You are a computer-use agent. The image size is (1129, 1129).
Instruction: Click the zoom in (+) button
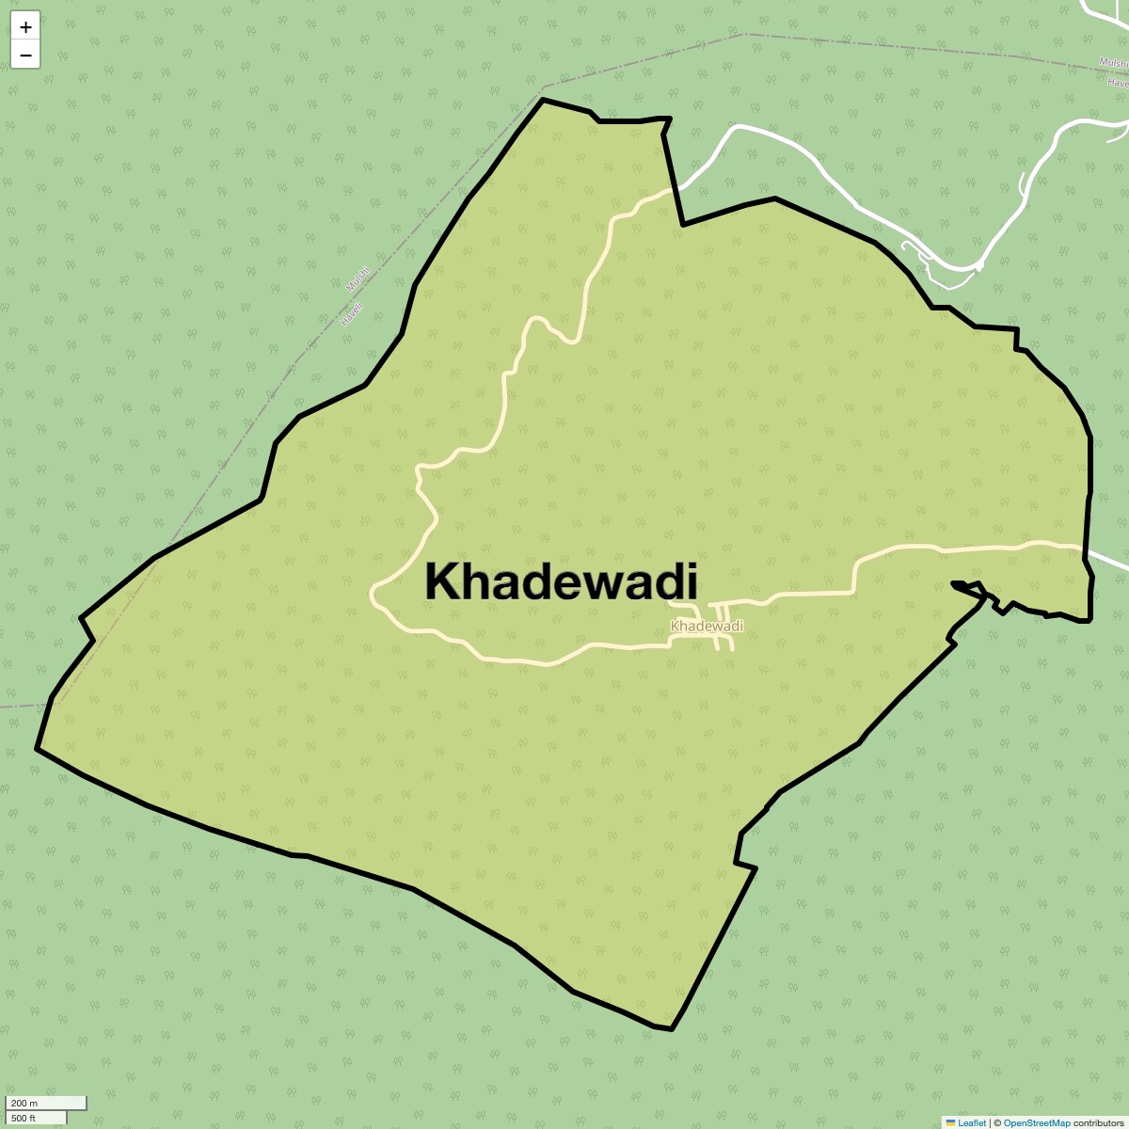coord(25,26)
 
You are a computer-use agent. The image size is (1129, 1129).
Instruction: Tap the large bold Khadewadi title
coord(561,581)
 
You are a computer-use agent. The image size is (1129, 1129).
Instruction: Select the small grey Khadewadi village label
coord(707,627)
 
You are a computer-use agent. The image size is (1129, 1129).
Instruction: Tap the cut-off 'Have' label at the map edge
coord(1118,82)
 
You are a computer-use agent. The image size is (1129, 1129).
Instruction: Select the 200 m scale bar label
coord(24,1104)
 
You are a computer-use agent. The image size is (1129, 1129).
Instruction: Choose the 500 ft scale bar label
coord(24,1118)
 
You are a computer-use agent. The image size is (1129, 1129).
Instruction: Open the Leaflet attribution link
coord(972,1122)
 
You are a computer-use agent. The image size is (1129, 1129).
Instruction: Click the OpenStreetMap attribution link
coord(1036,1122)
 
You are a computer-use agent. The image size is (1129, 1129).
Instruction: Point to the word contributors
coord(1098,1122)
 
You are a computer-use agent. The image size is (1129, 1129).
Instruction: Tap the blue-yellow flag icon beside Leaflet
coord(950,1122)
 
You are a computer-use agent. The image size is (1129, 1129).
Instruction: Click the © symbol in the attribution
coord(997,1122)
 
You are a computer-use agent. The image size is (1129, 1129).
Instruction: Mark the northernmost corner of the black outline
coord(543,99)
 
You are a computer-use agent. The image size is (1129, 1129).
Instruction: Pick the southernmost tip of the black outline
coord(672,1029)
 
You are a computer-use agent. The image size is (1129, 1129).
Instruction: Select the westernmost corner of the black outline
coord(37,749)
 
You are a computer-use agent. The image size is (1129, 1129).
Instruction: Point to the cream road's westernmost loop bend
coord(373,594)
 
